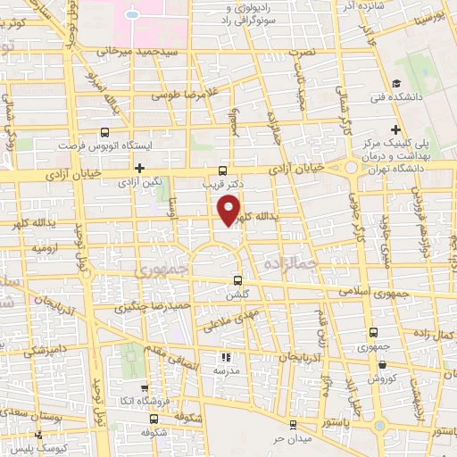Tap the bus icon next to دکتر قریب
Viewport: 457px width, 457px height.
[x=221, y=171]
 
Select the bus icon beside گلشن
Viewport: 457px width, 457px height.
[x=236, y=278]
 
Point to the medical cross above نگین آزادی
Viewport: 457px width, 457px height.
[x=139, y=167]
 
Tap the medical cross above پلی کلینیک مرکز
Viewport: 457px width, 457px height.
[x=395, y=129]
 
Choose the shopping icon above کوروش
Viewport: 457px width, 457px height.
[x=382, y=363]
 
